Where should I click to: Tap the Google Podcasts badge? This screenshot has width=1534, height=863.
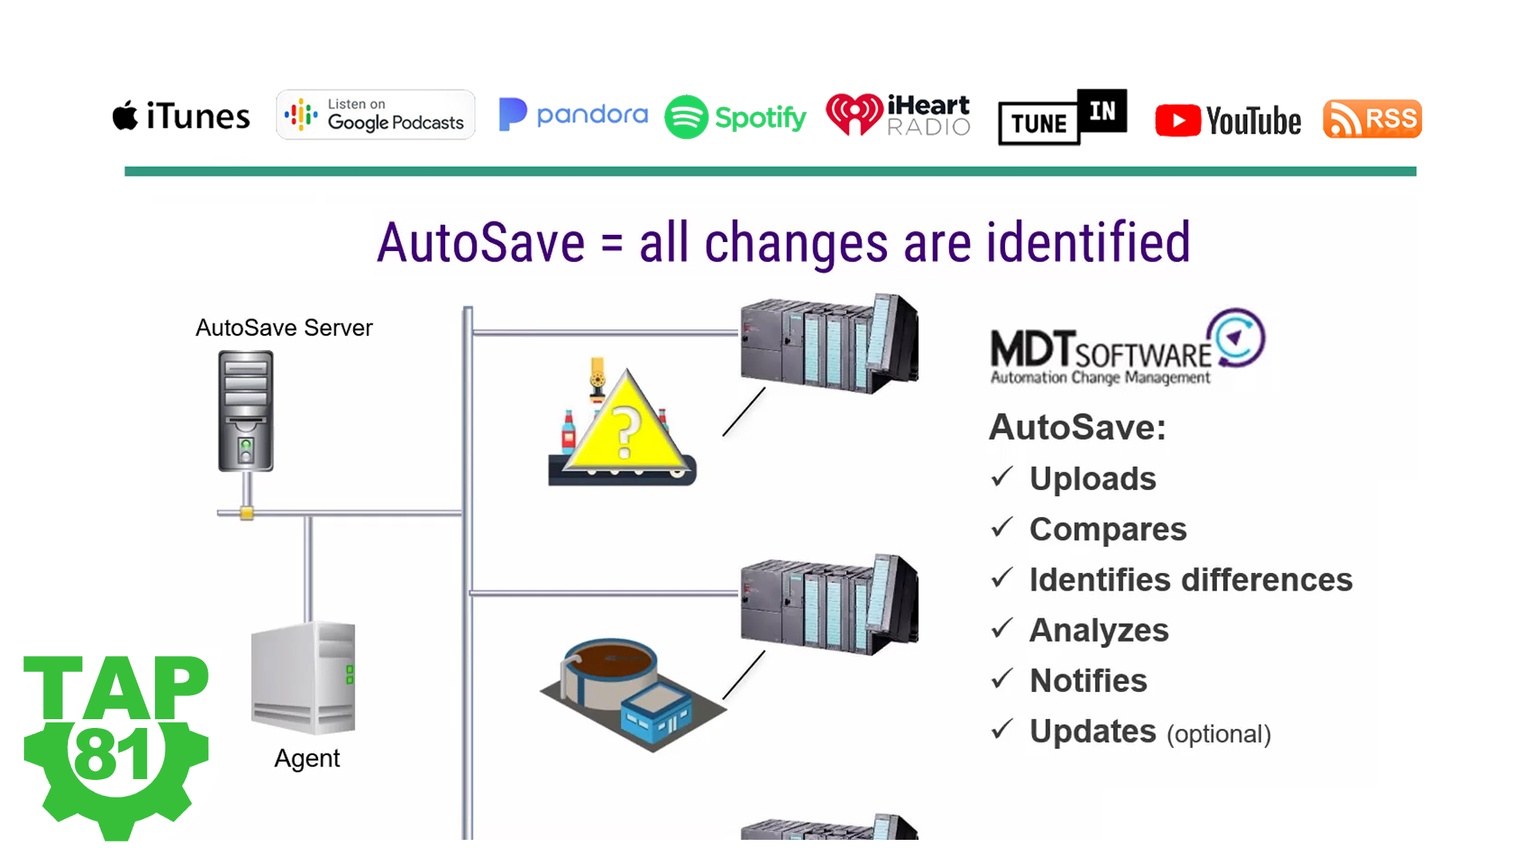(376, 115)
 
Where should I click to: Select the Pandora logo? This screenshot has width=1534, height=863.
(573, 115)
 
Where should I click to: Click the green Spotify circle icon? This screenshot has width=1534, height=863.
(686, 117)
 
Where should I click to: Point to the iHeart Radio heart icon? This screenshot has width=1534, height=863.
(854, 114)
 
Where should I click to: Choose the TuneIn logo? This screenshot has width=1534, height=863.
(1062, 117)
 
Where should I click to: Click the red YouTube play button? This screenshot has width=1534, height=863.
(1178, 121)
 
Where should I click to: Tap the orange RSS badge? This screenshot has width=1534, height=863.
(1372, 119)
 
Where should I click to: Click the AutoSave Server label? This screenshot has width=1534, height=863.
(284, 328)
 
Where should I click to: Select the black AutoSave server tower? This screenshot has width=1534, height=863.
(246, 411)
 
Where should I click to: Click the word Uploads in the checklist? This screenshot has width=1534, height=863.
(1092, 479)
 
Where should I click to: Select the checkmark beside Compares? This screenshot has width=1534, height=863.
(1002, 527)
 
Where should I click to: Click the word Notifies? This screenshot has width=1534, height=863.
(1088, 681)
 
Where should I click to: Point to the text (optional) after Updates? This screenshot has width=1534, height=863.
(1218, 734)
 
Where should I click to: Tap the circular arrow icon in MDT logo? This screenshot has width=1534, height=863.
(1236, 337)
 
